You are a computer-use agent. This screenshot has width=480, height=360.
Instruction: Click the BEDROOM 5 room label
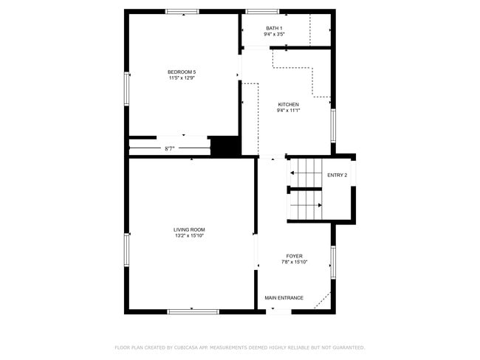tap(182, 72)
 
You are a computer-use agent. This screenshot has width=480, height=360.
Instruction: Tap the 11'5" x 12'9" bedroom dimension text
tap(182, 78)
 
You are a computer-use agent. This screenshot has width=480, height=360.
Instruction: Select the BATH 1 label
tap(274, 29)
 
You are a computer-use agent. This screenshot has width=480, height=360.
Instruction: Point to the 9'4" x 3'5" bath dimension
tap(274, 34)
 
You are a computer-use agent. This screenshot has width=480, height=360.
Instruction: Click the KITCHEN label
tap(288, 105)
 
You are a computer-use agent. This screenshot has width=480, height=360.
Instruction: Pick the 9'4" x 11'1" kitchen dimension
tap(288, 111)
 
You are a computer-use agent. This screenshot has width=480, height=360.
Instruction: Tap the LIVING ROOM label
tap(189, 230)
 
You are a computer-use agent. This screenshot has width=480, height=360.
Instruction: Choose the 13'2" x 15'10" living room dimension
tap(190, 236)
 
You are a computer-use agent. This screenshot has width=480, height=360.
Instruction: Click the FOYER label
tap(294, 256)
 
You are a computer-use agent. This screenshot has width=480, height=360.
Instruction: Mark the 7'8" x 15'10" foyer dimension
tap(294, 262)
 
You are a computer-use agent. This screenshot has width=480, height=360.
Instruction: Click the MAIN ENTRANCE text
tap(284, 298)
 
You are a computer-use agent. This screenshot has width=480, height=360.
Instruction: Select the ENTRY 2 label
tap(337, 176)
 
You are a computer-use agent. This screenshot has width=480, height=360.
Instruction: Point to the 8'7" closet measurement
tap(170, 149)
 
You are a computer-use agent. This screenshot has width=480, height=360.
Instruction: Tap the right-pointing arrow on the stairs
tap(306, 205)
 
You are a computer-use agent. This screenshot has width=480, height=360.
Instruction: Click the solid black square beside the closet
tap(225, 147)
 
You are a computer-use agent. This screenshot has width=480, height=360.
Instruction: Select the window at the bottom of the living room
tap(193, 312)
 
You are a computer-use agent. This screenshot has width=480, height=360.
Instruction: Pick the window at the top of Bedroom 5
tap(182, 12)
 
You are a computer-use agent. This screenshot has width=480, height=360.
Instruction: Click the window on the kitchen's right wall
tap(333, 125)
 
